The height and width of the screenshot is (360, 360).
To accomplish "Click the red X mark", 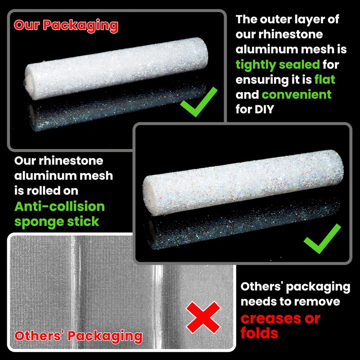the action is point(203,317).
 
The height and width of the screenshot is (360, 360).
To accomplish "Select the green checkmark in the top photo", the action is point(198,102).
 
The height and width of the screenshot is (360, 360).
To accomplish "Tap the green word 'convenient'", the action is point(297,94).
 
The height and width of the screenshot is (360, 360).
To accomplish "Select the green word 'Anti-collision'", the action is point(59,207).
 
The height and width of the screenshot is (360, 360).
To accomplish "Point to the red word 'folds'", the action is point(259,333).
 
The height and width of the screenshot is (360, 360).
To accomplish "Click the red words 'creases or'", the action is point(280,318).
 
